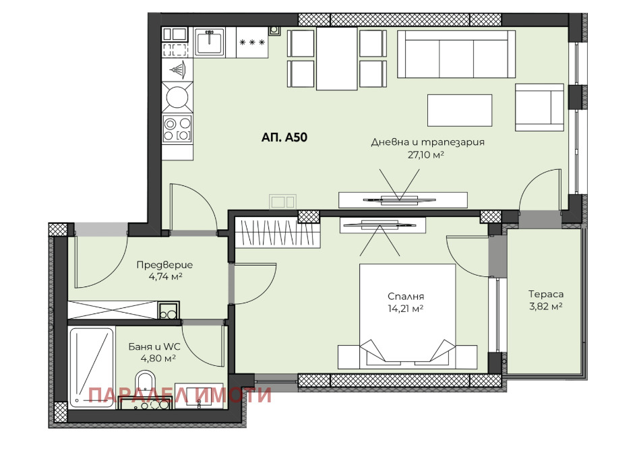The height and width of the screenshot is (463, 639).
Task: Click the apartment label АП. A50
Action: (284, 137)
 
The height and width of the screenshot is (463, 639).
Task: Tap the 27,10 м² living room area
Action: (425, 154)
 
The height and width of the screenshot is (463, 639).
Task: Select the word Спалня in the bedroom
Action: (406, 297)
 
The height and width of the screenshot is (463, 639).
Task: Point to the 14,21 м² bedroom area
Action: (406, 309)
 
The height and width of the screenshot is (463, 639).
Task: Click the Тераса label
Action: (546, 294)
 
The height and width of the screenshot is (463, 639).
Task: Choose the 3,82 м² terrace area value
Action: (546, 306)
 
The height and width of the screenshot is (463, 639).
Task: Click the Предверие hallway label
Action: (164, 265)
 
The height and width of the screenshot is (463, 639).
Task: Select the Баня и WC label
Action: (154, 347)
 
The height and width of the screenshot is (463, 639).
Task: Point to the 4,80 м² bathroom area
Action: (158, 359)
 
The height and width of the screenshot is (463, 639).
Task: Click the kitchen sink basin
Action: (210, 42)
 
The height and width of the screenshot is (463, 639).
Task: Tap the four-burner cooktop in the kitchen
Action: (177, 129)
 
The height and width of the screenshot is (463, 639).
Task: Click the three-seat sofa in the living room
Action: (456, 54)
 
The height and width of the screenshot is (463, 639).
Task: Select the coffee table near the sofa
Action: (460, 110)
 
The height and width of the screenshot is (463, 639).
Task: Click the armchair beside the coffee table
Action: (539, 107)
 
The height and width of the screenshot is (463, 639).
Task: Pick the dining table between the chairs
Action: (336, 58)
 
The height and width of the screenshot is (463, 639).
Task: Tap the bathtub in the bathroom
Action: (92, 367)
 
